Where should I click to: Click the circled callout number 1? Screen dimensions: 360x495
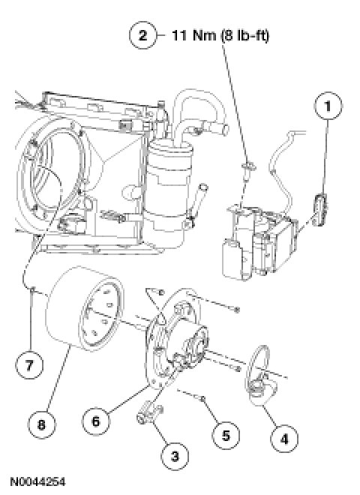[328, 106]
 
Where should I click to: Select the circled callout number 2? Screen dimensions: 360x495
[142, 35]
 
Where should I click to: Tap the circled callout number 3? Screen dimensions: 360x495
[175, 456]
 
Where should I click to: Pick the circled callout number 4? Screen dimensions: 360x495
[284, 439]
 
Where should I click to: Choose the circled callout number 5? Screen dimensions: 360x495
[226, 436]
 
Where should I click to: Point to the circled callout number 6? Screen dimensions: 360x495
[96, 421]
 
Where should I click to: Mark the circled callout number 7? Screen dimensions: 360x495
[29, 365]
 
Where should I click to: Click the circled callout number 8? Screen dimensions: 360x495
[42, 424]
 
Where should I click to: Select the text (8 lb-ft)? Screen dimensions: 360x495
[244, 35]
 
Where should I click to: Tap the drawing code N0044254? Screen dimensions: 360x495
[37, 481]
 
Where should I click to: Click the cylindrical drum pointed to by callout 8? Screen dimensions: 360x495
[85, 308]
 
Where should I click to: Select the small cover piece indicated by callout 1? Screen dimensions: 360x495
[320, 209]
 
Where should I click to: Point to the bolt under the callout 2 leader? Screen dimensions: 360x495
[248, 172]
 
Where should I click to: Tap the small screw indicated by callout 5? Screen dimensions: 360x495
[203, 399]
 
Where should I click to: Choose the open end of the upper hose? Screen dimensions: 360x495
[224, 130]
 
